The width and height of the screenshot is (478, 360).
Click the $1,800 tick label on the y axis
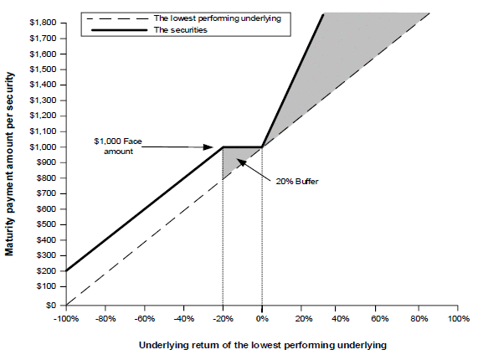pyautogui.click(x=43, y=23)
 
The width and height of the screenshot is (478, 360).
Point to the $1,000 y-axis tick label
pyautogui.click(x=43, y=147)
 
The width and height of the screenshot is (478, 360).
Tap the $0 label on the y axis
pyautogui.click(x=51, y=305)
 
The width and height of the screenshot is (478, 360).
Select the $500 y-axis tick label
pyautogui.click(x=46, y=224)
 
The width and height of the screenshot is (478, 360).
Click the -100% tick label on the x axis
pyautogui.click(x=66, y=319)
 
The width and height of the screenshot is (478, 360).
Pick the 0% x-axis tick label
pyautogui.click(x=262, y=319)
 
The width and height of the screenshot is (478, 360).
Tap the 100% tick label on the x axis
pyautogui.click(x=458, y=319)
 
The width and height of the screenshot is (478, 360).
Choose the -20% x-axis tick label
pyautogui.click(x=223, y=319)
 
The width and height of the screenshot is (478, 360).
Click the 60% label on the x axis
pyautogui.click(x=379, y=319)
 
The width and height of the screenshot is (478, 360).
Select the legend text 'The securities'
pyautogui.click(x=181, y=30)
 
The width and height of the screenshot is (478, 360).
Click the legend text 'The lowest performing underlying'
pyautogui.click(x=218, y=18)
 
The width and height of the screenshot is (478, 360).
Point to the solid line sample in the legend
pyautogui.click(x=119, y=30)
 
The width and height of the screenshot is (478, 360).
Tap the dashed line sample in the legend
pyautogui.click(x=117, y=18)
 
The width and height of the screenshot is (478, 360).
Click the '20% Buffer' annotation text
pyautogui.click(x=297, y=182)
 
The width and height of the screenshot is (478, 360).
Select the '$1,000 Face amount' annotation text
pyautogui.click(x=118, y=147)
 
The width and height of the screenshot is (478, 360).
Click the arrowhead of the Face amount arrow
pyautogui.click(x=208, y=147)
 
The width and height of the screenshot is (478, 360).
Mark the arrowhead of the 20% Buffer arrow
pyautogui.click(x=241, y=162)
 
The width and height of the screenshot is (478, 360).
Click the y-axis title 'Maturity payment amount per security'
pyautogui.click(x=9, y=164)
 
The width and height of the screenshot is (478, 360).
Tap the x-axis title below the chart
pyautogui.click(x=263, y=345)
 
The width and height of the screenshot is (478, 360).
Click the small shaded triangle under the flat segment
pyautogui.click(x=234, y=158)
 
